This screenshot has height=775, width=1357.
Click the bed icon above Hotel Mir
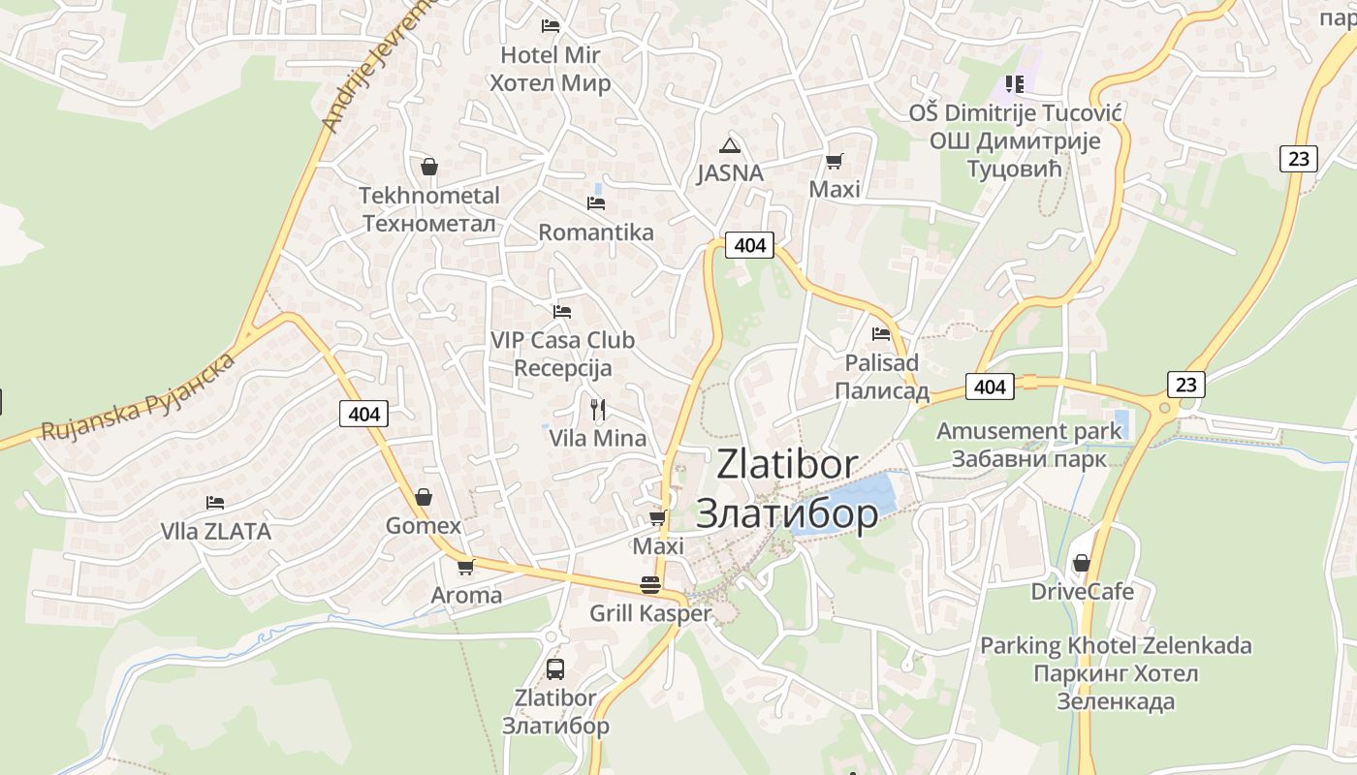(x=551, y=25)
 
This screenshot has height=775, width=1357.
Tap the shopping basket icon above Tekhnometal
(x=429, y=167)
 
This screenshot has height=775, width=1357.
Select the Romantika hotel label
(x=596, y=232)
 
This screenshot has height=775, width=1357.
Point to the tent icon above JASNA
(x=730, y=146)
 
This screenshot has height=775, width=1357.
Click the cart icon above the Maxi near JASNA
(x=834, y=161)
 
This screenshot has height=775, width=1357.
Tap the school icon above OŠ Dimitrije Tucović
(x=1015, y=84)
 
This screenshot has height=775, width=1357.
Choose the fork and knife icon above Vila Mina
(x=598, y=410)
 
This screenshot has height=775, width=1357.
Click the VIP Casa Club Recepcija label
(x=563, y=355)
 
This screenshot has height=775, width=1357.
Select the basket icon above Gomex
(x=424, y=498)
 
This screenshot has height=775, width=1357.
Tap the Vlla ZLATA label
(x=216, y=532)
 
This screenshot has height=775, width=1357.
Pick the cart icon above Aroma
(x=466, y=567)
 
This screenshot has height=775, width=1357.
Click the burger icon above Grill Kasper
(x=650, y=585)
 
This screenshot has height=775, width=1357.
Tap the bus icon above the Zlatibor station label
(x=555, y=668)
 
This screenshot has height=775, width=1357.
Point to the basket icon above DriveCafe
(x=1082, y=563)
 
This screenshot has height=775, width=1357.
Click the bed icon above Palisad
(x=881, y=334)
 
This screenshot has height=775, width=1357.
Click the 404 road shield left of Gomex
(x=364, y=414)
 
